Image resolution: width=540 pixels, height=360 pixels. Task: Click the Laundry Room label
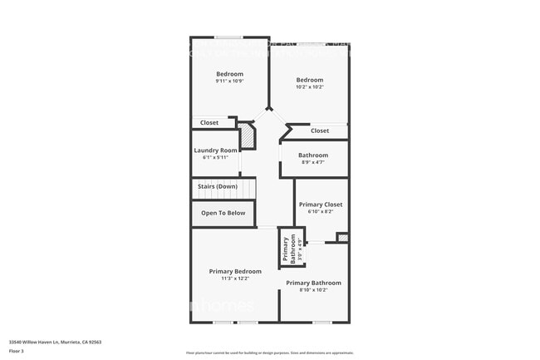tap(216, 150)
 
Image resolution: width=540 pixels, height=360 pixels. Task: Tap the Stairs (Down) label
tap(218, 186)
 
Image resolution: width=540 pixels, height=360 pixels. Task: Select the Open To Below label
tap(223, 213)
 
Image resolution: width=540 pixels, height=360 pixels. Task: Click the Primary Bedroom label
tap(235, 271)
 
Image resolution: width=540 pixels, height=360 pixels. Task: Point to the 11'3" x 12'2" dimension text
tap(235, 279)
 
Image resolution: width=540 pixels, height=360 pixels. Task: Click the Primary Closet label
tap(321, 205)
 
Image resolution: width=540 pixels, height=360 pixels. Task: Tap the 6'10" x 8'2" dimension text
tap(321, 212)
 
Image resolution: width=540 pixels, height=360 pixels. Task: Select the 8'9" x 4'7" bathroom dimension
tap(313, 162)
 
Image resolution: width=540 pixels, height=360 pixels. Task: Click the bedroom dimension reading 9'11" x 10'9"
tap(229, 81)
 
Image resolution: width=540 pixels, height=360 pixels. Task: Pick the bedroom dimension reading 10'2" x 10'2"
tap(310, 86)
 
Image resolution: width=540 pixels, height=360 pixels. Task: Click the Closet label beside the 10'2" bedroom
tap(320, 131)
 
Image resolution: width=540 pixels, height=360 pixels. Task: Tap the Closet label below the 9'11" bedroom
tap(209, 123)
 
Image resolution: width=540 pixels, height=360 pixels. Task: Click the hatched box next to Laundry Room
tap(246, 136)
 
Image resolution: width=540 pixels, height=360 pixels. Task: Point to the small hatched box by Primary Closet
tap(342, 238)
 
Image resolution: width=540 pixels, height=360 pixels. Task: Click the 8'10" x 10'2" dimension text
tap(313, 290)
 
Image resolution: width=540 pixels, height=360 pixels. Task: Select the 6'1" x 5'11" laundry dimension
tap(216, 158)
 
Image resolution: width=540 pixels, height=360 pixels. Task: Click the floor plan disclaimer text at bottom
tap(269, 353)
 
